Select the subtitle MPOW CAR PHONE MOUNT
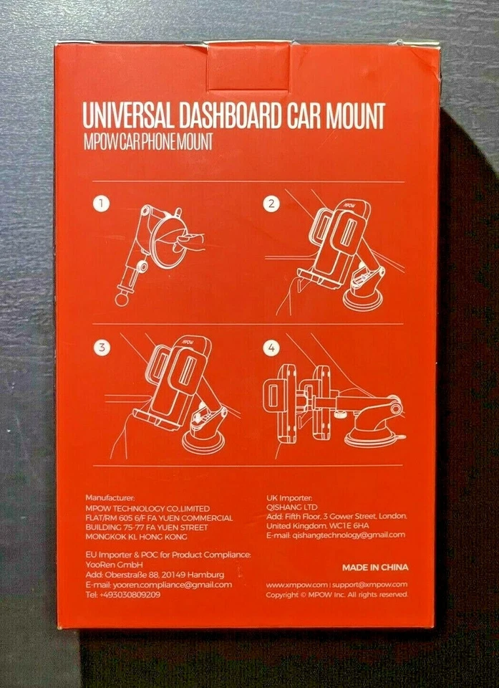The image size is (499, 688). point(147,142)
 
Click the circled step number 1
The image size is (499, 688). point(104,205)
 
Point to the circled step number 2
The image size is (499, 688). point(271,205)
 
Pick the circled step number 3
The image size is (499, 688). point(104,348)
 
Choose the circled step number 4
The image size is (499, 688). point(271,349)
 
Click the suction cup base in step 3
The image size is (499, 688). point(203,440)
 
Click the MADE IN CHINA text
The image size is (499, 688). point(375,567)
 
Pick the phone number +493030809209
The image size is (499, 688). point(123,594)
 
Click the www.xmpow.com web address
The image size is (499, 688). point(296,584)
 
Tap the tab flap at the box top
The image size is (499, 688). point(248,65)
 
